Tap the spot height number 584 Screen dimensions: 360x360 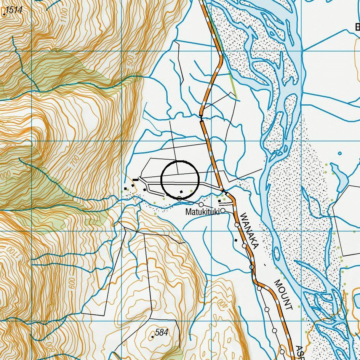click(162, 333)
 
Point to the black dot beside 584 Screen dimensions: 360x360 click(153, 337)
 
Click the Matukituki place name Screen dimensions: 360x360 click(202, 212)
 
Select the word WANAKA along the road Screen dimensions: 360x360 click(250, 231)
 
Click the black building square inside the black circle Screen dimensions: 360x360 click(181, 191)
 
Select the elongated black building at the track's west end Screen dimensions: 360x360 click(135, 179)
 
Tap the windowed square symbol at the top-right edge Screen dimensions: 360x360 click(357, 27)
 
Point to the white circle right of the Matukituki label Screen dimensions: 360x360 click(223, 210)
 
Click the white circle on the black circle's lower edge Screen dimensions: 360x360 click(179, 198)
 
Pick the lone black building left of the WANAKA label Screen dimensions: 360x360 click(236, 240)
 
